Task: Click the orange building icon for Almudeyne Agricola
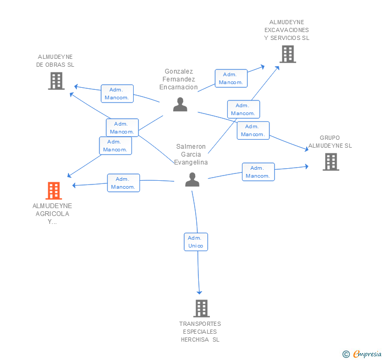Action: tap(54, 190)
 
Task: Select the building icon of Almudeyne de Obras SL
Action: tap(56, 81)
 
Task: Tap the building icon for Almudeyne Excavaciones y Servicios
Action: tap(287, 54)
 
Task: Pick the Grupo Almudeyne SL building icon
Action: tap(330, 162)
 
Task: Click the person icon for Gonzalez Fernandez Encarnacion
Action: tap(180, 105)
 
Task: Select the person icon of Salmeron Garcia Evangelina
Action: tap(192, 180)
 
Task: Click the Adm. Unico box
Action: tap(196, 242)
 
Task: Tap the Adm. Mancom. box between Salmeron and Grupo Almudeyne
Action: tap(258, 172)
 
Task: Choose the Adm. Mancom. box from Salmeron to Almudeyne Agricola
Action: tap(124, 183)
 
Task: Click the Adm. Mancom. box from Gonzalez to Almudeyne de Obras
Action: tap(117, 94)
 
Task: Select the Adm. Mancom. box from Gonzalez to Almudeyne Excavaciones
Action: tap(230, 78)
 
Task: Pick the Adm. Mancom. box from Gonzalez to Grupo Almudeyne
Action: tap(253, 130)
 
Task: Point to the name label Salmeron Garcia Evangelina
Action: tap(191, 155)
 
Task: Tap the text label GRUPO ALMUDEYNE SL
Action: tap(330, 142)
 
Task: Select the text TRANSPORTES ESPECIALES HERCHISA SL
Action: tap(200, 332)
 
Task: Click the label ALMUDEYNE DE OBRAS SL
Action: tap(55, 60)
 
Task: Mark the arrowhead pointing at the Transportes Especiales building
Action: tap(199, 292)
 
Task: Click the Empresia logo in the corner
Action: tap(362, 354)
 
